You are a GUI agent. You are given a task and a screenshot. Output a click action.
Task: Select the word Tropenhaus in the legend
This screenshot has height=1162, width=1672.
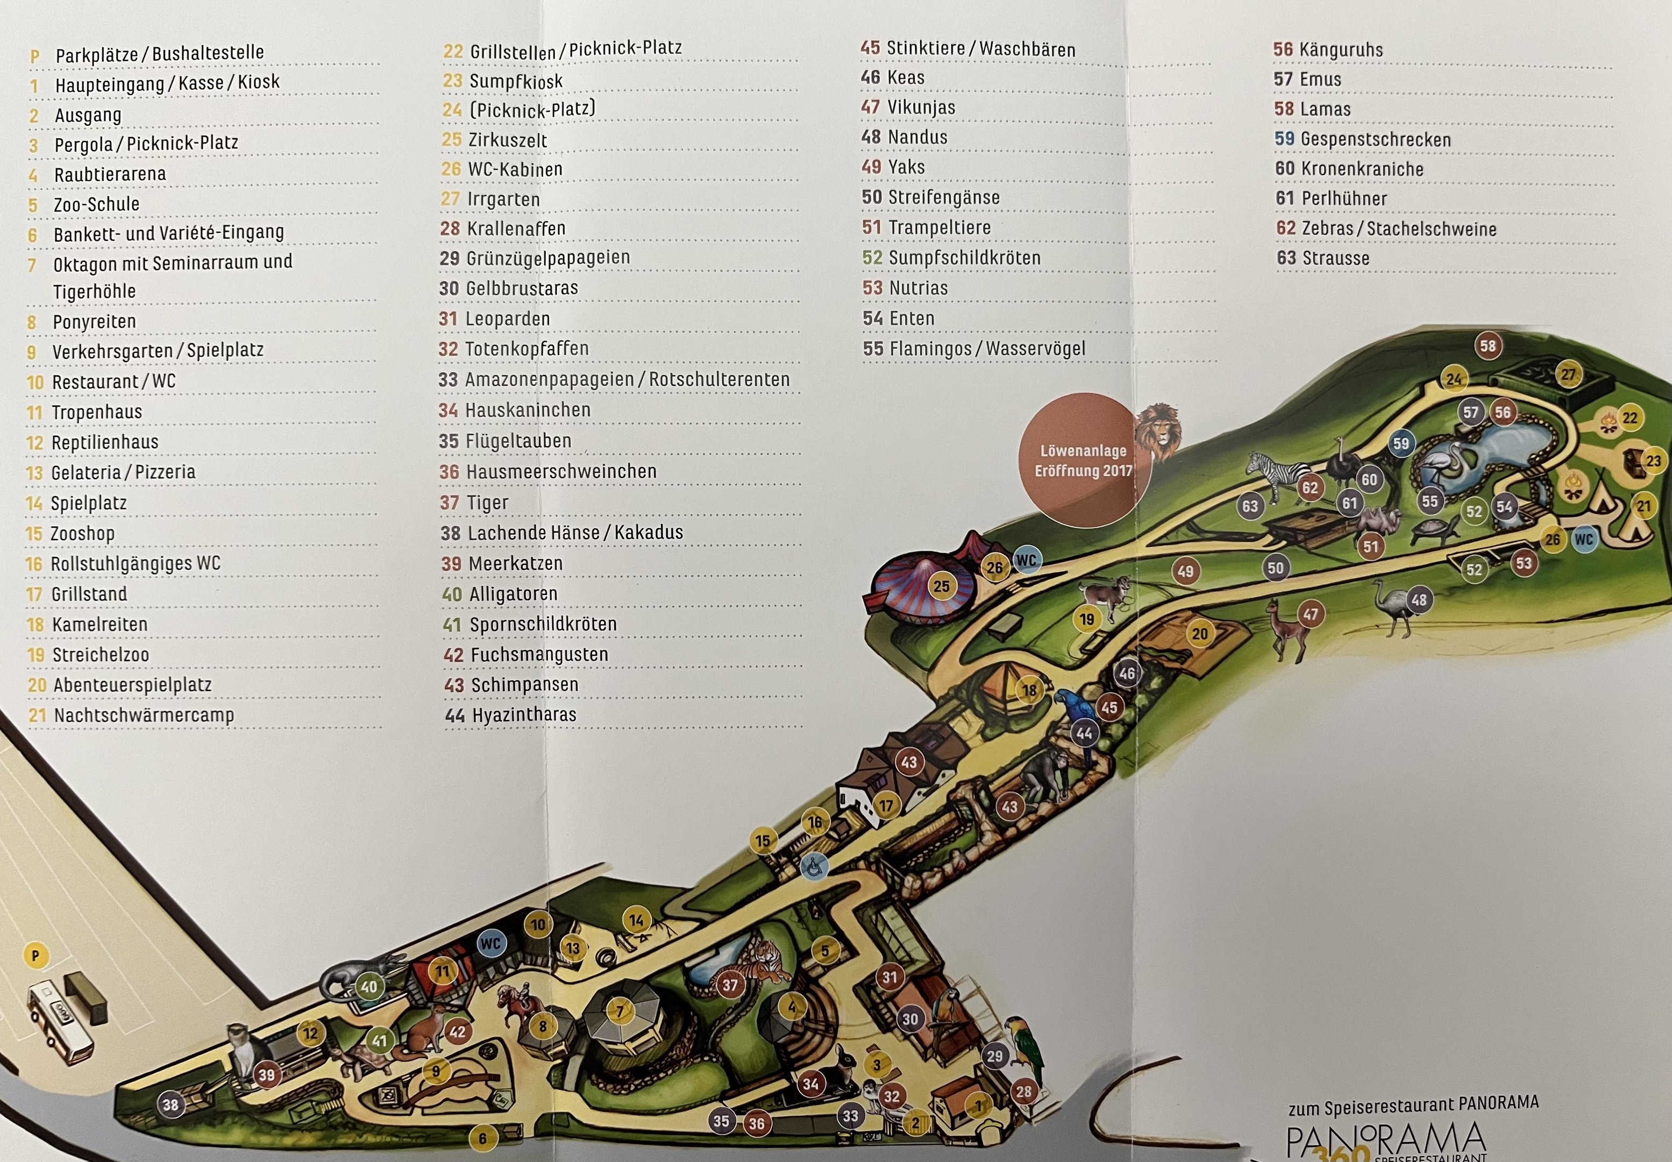click(x=97, y=412)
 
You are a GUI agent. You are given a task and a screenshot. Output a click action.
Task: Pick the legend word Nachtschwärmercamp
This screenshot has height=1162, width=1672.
click(x=144, y=715)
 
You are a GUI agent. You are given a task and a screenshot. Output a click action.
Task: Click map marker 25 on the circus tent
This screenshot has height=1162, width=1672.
click(x=941, y=586)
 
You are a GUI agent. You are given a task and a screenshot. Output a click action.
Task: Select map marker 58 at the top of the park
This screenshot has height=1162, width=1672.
click(x=1487, y=346)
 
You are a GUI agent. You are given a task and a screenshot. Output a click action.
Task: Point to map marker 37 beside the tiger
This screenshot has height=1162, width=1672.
click(x=729, y=986)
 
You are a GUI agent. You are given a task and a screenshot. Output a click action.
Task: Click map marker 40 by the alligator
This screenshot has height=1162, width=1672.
click(x=369, y=987)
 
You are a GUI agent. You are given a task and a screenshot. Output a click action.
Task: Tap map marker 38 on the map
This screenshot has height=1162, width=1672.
click(x=170, y=1104)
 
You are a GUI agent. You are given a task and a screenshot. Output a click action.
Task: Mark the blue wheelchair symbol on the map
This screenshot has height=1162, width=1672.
click(x=814, y=867)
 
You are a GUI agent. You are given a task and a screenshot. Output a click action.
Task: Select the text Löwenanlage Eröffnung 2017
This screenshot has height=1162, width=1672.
click(x=1083, y=461)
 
